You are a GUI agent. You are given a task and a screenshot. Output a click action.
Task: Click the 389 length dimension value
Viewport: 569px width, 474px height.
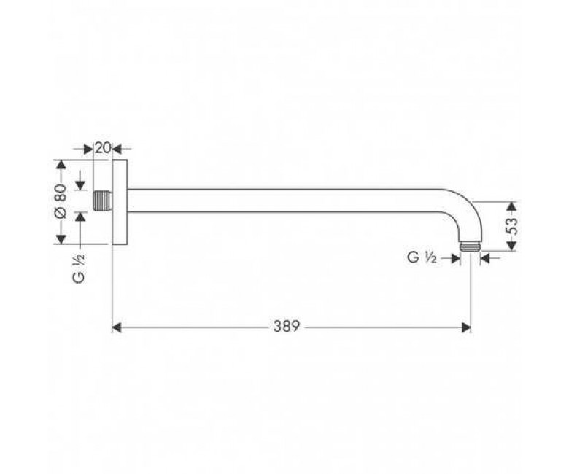[286, 327]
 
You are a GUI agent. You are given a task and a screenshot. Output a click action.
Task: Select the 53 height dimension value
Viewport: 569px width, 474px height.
[511, 226]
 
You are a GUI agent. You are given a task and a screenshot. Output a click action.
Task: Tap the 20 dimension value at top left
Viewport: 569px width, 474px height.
[103, 148]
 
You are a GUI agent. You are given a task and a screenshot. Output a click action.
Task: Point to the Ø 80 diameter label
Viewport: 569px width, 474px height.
[61, 201]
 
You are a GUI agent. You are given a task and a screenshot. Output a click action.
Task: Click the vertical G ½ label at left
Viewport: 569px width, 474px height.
[79, 268]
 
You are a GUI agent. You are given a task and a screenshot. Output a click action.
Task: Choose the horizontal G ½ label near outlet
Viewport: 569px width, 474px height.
[422, 257]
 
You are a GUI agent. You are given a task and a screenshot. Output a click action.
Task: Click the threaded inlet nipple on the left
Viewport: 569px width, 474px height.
[101, 201]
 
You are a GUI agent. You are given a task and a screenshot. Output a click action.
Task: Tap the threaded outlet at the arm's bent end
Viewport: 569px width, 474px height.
[471, 247]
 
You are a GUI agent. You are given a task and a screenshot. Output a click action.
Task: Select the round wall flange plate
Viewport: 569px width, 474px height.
[120, 202]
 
